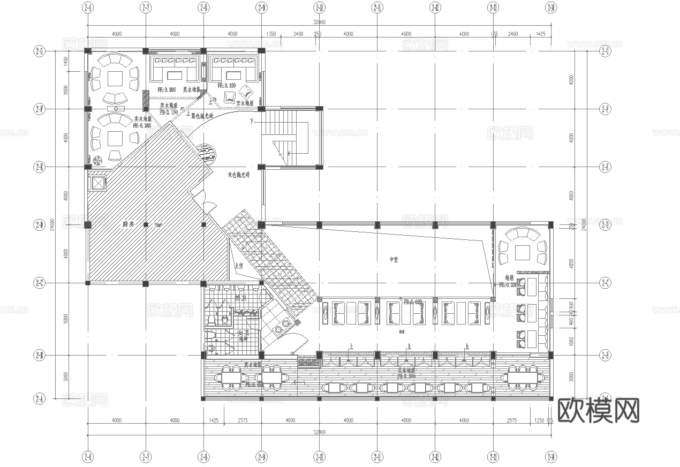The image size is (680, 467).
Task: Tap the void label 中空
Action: pos(395,260)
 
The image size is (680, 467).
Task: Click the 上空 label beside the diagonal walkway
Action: pos(239,265)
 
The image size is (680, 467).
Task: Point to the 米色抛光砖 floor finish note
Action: pos(239,175)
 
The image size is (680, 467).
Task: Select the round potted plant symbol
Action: pos(98,160)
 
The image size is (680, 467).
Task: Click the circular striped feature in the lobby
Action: pos(206,154)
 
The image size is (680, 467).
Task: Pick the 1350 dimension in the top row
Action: pos(271,34)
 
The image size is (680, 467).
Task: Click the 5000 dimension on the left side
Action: pos(65,319)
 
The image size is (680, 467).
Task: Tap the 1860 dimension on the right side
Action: pos(571,341)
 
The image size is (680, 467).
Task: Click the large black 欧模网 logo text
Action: pos(599,411)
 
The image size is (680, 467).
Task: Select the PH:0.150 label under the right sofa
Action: pos(227,86)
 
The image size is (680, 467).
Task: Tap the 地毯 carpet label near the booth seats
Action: pos(509,278)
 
